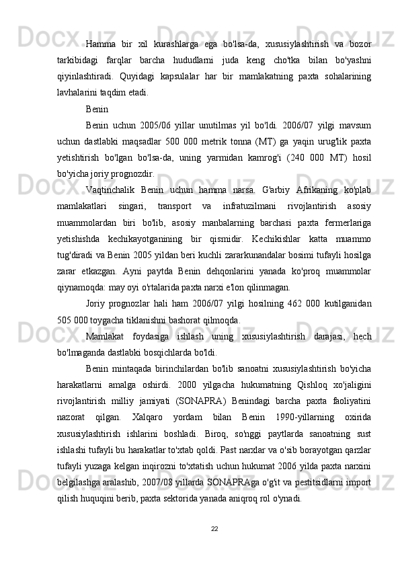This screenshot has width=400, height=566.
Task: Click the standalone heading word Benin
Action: coord(97,107)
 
